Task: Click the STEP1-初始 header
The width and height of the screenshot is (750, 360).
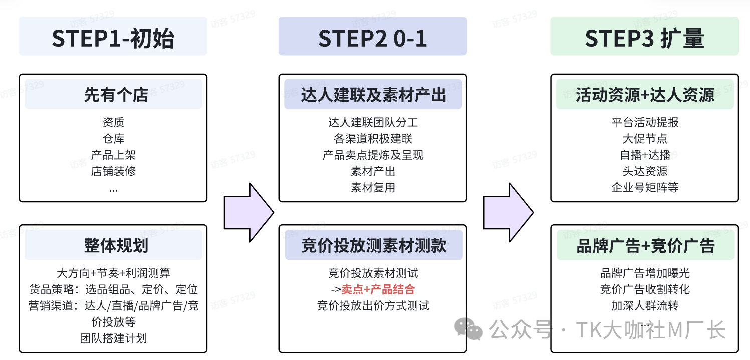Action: point(113,36)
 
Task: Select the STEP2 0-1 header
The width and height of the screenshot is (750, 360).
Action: point(372,36)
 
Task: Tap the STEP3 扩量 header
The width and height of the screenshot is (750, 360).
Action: point(644,36)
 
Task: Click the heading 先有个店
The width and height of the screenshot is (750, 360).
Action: point(113,95)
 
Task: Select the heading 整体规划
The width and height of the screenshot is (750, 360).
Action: point(113,246)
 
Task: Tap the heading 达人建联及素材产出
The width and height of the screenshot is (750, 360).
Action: point(373,95)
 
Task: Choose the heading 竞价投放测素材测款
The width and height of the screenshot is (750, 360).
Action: point(373,246)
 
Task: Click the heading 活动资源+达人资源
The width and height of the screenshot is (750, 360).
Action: point(645,95)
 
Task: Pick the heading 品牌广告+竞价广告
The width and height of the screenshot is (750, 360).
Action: point(645,246)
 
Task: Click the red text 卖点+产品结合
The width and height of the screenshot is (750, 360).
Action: point(378,289)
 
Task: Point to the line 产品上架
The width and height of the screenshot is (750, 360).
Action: point(113,155)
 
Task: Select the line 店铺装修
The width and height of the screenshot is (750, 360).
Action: point(113,171)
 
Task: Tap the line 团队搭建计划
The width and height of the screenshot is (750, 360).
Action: point(113,338)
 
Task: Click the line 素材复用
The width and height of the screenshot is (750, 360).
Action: point(373,188)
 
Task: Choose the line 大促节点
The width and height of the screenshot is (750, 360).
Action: point(645,139)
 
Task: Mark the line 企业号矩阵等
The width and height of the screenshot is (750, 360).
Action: point(645,188)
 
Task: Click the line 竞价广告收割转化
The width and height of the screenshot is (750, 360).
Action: point(645,289)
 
